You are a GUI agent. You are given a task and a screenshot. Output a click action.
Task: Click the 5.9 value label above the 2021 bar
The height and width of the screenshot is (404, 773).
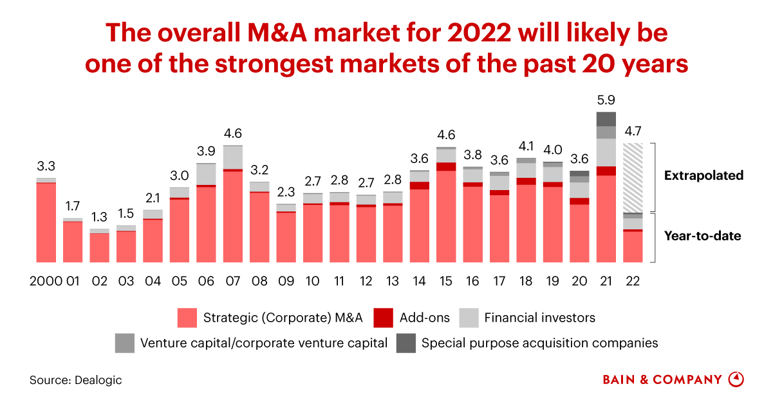(x=606, y=101)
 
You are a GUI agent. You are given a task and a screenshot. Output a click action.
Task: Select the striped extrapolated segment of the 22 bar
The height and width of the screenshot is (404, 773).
(x=633, y=178)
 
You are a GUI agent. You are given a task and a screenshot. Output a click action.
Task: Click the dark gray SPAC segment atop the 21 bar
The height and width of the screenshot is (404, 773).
(x=606, y=119)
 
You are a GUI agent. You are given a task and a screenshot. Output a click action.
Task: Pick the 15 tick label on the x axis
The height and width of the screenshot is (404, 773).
(x=445, y=282)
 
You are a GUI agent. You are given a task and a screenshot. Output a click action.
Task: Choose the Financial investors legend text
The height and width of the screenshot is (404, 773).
(x=539, y=317)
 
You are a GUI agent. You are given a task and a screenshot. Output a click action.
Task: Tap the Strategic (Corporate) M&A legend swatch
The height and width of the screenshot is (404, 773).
(x=187, y=317)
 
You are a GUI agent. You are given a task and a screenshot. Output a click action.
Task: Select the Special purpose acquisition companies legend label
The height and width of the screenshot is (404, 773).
(x=539, y=343)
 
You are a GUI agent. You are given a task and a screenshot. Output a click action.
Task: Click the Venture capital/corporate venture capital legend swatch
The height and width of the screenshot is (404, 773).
(x=124, y=343)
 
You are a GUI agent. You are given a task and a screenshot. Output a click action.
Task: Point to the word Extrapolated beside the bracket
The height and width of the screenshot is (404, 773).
(x=703, y=175)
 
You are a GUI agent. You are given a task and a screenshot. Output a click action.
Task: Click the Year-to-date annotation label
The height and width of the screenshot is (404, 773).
(x=702, y=236)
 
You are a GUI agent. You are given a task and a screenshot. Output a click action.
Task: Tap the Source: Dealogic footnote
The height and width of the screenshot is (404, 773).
(x=75, y=380)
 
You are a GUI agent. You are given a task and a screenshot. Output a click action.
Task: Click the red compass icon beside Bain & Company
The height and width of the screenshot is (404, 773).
(x=736, y=380)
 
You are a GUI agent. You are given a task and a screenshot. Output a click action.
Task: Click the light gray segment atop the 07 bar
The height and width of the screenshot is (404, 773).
(x=232, y=157)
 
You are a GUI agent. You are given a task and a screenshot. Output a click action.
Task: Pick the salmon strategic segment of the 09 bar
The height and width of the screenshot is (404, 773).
(x=286, y=236)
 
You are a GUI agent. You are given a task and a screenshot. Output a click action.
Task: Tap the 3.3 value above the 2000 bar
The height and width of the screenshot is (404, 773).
(x=46, y=166)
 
